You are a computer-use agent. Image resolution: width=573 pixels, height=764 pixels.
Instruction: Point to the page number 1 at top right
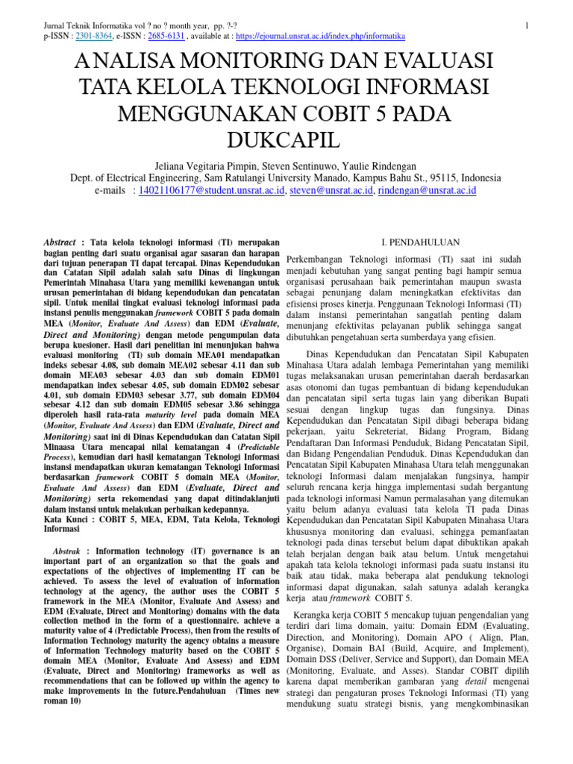coord(527,26)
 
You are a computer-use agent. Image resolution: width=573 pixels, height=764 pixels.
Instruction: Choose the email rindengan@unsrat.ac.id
coord(428,191)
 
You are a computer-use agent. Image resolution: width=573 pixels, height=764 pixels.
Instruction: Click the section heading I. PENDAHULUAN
coord(421,242)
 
